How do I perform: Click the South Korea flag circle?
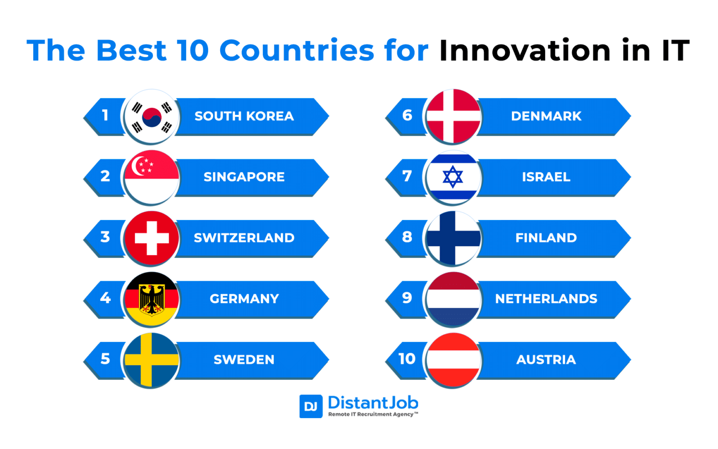151,117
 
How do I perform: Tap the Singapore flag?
151,178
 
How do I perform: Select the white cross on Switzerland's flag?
151,238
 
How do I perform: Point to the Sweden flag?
151,360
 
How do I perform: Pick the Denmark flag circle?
453,117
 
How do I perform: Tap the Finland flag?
453,238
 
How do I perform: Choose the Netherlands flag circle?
453,299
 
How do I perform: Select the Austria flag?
453,360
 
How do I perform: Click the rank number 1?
105,115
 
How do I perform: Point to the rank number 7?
407,176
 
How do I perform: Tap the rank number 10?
407,359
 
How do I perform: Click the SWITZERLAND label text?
244,238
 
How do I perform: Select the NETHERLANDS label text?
546,299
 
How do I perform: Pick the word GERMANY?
244,299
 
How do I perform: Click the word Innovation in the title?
524,50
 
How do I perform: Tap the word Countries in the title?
296,50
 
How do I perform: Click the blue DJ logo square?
311,406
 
